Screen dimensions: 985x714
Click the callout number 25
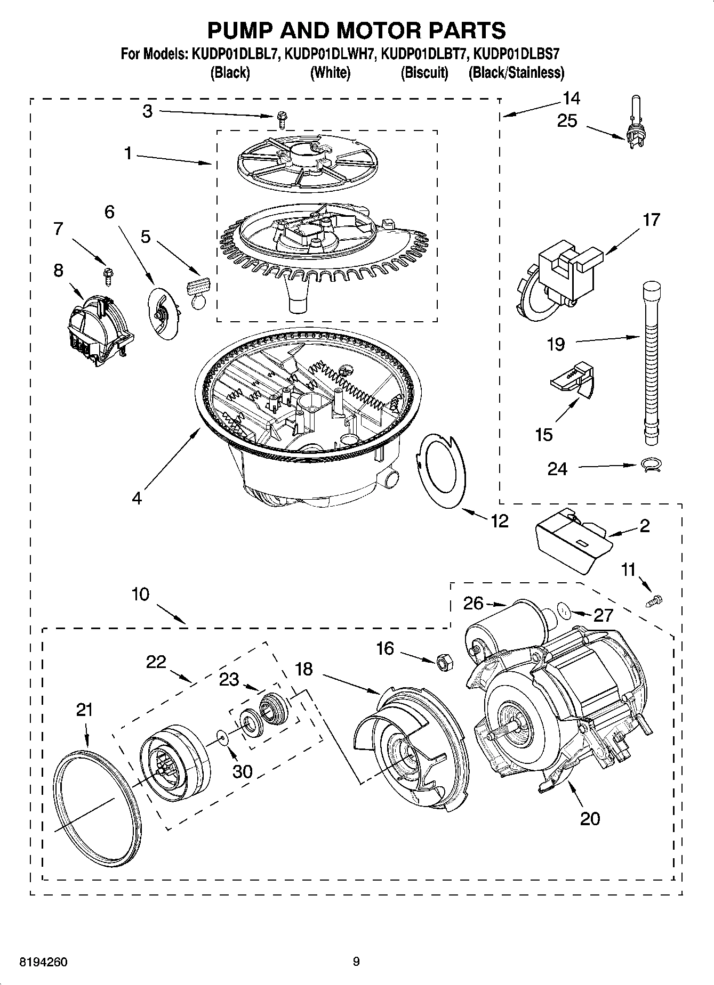(x=567, y=121)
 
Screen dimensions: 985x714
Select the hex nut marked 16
(x=443, y=663)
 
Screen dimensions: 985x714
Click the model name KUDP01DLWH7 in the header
(x=331, y=54)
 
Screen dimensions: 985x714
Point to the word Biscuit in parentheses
(x=424, y=72)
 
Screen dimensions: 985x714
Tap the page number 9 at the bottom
(x=356, y=962)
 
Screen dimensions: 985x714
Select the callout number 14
(x=571, y=98)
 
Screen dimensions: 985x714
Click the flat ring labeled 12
(x=441, y=471)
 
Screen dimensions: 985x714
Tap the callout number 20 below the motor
(x=590, y=818)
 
